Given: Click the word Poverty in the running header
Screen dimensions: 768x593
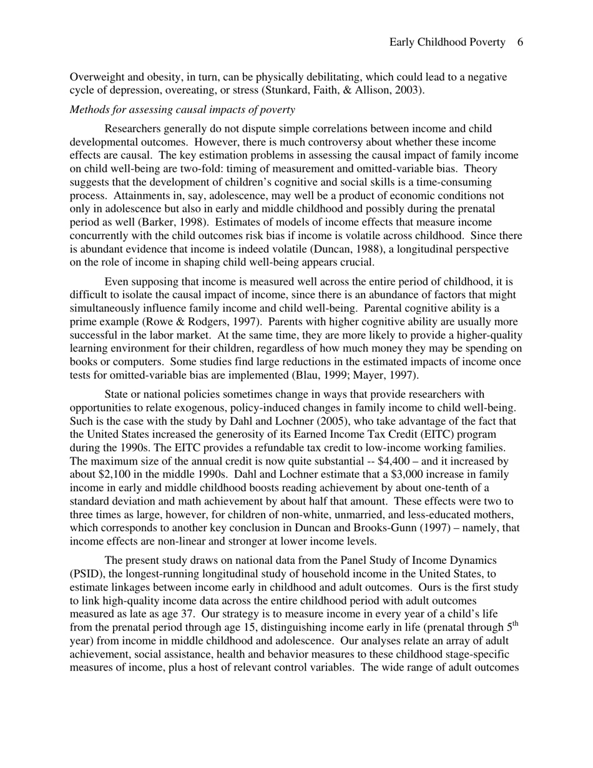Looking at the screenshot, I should [485, 42].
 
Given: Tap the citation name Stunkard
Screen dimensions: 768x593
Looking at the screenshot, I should [285, 91].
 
